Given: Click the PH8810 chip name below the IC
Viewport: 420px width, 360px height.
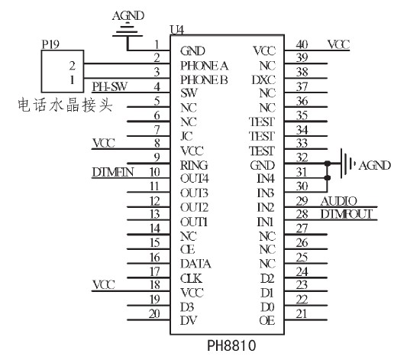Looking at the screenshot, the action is tap(231, 345).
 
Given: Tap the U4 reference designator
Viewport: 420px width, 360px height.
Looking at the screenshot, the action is tap(177, 30).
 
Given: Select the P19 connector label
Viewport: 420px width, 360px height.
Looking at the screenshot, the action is tap(50, 44).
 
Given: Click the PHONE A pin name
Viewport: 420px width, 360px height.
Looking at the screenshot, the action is tap(204, 66).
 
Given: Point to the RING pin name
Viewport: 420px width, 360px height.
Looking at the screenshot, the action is tap(194, 165).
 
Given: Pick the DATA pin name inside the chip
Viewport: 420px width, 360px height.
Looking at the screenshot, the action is tap(195, 264).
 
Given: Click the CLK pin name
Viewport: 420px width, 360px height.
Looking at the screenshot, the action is tap(191, 278).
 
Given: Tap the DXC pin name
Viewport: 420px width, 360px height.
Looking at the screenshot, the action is tap(263, 80).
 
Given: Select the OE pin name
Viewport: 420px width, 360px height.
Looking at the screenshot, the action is tap(267, 320).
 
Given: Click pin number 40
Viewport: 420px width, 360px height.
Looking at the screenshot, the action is tap(302, 44).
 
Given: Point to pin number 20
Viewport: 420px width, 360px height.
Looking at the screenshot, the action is tap(154, 313).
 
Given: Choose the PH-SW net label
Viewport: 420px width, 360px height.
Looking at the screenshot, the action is tap(109, 86).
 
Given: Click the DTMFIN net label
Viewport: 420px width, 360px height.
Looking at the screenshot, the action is tap(113, 172).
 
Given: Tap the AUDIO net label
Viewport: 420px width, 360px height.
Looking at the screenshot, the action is tap(339, 201).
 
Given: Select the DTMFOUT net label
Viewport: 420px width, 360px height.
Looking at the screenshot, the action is tap(347, 214).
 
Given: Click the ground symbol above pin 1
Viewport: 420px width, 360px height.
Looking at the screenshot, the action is tap(128, 30).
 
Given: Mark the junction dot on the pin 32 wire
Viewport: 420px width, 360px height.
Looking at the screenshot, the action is tap(327, 163).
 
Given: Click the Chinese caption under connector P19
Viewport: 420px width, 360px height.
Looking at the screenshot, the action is tap(65, 105).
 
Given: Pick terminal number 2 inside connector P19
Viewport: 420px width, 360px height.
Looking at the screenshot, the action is tap(72, 66).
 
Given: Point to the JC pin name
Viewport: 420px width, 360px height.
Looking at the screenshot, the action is tap(186, 136).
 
